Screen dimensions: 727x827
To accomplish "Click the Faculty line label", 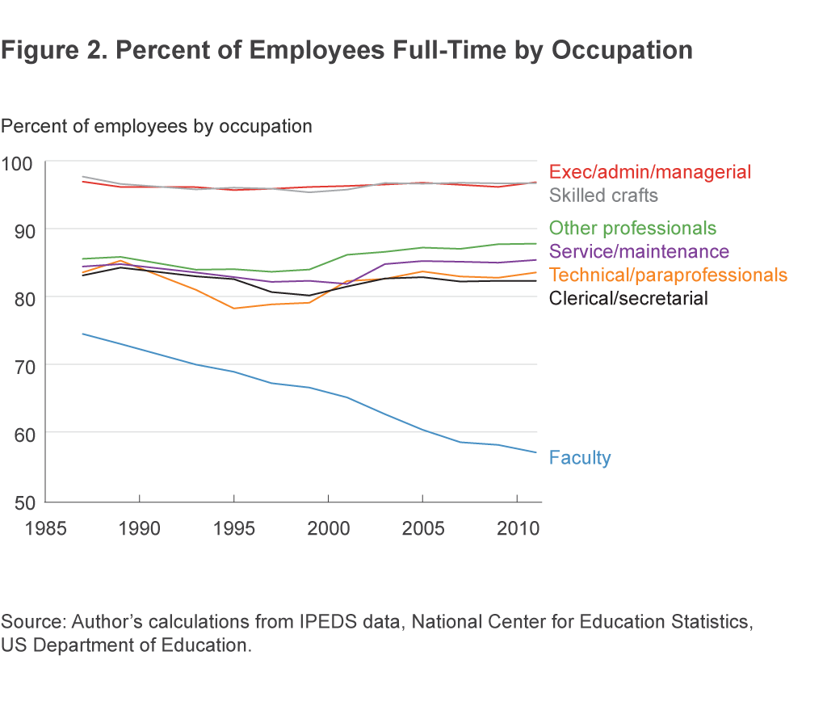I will [580, 458].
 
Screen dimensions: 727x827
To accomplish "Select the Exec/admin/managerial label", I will [650, 172].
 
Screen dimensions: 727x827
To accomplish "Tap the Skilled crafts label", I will [603, 195].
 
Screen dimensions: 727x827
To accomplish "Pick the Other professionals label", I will [632, 229].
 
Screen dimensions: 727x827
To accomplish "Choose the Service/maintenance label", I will [639, 252].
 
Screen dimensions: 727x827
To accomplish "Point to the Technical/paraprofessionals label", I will [668, 275].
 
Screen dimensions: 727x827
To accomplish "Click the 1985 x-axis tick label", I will [45, 529].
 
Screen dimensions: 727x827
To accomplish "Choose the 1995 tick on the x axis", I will [233, 529].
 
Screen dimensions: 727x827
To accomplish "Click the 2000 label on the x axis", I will [328, 529].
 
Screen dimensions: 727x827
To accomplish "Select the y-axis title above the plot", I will [157, 127].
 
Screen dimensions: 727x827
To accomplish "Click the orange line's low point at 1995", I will [233, 309].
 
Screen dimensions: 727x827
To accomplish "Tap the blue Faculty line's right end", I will [536, 452].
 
